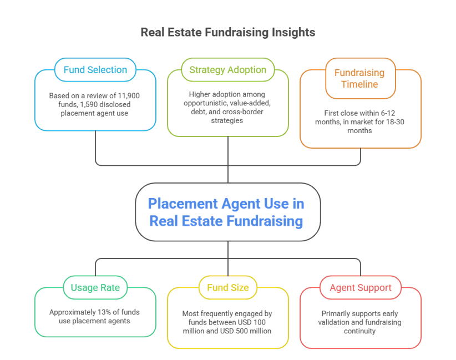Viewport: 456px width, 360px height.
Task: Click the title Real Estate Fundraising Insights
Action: point(227,32)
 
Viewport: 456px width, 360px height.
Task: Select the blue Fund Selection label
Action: point(95,70)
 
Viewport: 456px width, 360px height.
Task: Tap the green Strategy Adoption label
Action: point(227,70)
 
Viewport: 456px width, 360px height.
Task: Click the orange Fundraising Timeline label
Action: point(359,78)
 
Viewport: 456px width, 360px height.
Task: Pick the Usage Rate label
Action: point(95,288)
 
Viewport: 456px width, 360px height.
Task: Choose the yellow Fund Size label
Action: point(227,288)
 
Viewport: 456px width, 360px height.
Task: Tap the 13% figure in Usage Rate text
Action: point(103,312)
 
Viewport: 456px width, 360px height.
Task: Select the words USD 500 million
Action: point(251,331)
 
